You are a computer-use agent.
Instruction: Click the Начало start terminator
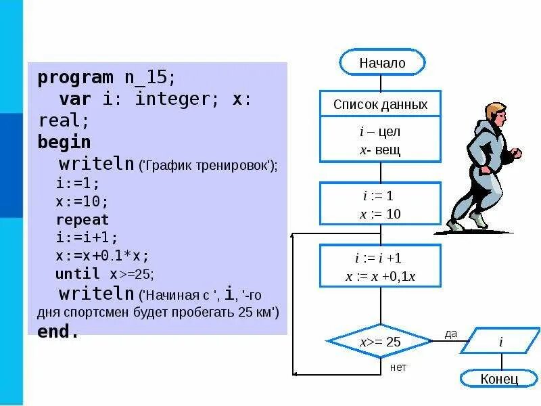point(382,63)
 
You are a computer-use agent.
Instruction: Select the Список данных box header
point(380,105)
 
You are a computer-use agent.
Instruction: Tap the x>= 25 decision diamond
point(380,342)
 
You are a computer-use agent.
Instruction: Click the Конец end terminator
point(499,378)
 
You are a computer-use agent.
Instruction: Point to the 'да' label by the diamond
point(451,333)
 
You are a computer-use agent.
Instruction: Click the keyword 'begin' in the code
point(64,142)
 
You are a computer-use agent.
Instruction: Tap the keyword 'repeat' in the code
point(82,220)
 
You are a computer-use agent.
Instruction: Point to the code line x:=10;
point(82,202)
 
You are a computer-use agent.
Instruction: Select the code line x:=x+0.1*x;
point(102,256)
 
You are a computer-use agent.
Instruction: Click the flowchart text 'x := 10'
point(380,214)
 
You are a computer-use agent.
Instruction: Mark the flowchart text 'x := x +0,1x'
point(380,276)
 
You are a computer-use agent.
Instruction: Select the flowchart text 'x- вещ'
point(380,149)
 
